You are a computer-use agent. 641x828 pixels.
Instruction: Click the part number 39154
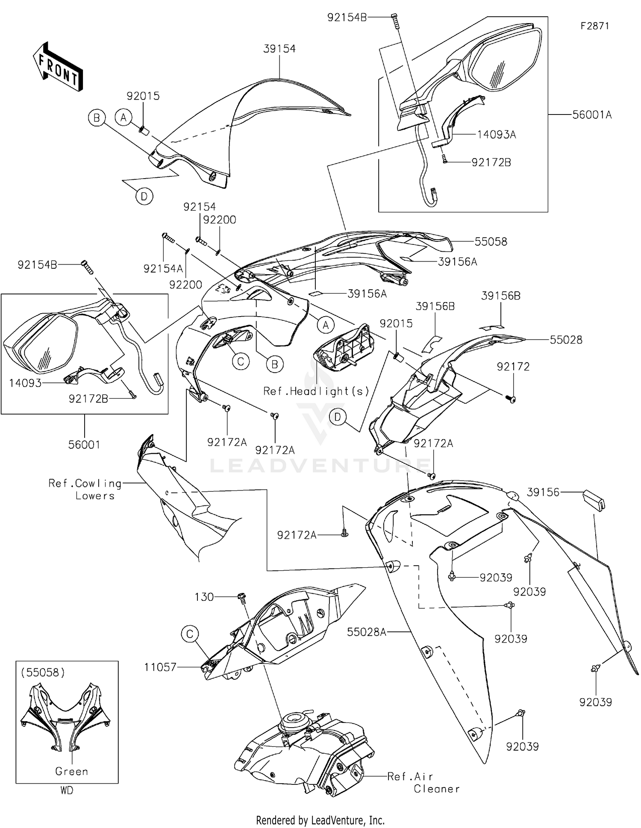(279, 49)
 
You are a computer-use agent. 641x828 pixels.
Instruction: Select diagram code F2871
(594, 26)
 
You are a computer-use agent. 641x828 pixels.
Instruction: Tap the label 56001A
(592, 115)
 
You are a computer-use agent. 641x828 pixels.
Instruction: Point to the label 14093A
(496, 135)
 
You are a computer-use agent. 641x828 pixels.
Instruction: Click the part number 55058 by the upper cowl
(491, 242)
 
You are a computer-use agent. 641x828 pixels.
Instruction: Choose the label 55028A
(367, 632)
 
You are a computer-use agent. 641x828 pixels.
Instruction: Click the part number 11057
(160, 667)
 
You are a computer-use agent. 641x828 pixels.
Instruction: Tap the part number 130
(204, 597)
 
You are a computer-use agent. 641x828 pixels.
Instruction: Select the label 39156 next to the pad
(543, 492)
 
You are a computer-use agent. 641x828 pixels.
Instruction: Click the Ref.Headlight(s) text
(316, 391)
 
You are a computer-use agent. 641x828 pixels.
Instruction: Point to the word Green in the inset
(71, 771)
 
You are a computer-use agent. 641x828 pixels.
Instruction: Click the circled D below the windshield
(144, 197)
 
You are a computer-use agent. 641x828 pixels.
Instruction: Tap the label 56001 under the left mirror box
(84, 445)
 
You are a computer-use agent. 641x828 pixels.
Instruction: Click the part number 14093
(25, 383)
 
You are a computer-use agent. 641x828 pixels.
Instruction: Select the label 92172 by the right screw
(513, 367)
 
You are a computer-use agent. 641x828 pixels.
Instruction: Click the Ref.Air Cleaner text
(423, 783)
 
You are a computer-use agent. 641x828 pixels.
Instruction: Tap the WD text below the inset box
(67, 790)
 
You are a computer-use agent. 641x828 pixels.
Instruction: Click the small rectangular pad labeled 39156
(594, 499)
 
